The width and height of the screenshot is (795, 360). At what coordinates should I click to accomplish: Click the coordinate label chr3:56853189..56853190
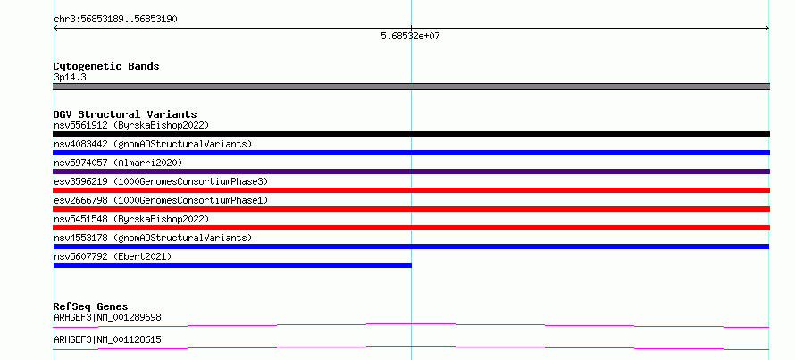click(x=115, y=20)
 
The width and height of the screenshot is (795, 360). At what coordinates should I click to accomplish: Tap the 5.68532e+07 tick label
click(x=410, y=37)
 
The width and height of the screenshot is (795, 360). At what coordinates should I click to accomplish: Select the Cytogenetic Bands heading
click(x=106, y=66)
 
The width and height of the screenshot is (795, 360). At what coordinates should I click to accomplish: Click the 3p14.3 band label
click(x=70, y=78)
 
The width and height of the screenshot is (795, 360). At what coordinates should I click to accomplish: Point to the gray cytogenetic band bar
click(x=411, y=87)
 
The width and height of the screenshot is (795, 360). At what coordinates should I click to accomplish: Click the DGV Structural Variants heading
click(x=125, y=114)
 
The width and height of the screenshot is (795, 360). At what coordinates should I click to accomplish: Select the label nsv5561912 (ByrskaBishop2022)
click(x=131, y=125)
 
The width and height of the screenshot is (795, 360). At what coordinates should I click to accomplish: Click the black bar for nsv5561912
click(x=411, y=134)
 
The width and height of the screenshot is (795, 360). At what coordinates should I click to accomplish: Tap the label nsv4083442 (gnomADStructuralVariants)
click(x=153, y=144)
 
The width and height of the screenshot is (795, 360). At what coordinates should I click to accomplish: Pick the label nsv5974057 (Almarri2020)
click(x=118, y=163)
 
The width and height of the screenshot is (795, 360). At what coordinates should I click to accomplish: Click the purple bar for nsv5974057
click(x=411, y=172)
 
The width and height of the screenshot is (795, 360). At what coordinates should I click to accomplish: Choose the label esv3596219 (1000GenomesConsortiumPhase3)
click(x=161, y=181)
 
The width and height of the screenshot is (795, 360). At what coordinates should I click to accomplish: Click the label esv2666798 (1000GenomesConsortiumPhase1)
click(x=161, y=200)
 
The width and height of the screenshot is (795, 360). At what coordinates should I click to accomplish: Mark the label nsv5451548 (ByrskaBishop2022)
click(x=131, y=219)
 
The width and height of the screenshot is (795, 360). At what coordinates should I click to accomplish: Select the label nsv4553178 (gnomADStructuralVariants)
click(x=153, y=238)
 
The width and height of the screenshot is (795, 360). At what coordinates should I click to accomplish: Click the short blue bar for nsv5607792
click(x=232, y=265)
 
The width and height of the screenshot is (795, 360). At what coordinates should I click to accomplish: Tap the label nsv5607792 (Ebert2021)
click(x=113, y=256)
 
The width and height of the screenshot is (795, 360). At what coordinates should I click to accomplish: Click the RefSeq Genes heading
click(x=90, y=306)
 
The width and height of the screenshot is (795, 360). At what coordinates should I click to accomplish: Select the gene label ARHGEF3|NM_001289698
click(x=107, y=318)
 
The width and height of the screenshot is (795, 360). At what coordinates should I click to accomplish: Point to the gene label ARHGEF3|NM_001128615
click(x=107, y=339)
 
